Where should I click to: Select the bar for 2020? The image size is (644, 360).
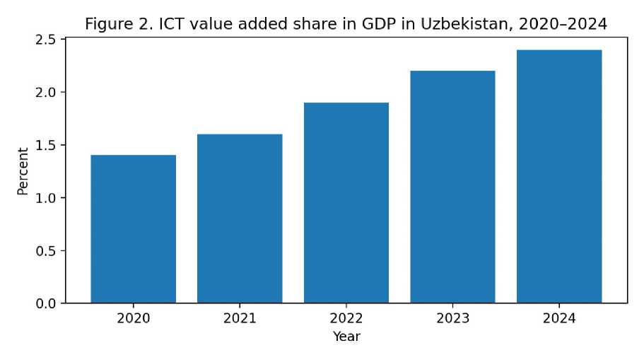[133, 229]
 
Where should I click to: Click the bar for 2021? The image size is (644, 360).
[240, 219]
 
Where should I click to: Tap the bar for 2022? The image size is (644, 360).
[346, 202]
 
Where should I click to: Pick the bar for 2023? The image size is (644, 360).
[452, 187]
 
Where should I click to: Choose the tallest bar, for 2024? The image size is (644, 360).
[559, 176]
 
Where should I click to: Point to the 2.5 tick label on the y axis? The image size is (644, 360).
[45, 40]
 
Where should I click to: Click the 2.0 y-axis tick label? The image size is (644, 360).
[45, 93]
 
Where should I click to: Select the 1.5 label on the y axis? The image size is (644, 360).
[45, 146]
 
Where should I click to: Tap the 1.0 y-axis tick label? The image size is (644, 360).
[45, 198]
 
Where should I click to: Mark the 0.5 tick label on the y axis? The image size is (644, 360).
[45, 251]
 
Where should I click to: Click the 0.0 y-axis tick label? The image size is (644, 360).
[45, 303]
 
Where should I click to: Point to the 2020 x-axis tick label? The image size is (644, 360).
[133, 318]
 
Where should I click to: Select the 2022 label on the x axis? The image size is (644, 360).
[346, 318]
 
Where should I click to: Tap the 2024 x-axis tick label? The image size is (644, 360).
[559, 318]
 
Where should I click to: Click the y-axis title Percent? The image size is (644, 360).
[23, 171]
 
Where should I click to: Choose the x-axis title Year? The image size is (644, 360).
[346, 336]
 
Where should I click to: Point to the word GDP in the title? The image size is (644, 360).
[379, 24]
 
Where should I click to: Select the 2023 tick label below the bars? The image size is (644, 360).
[452, 318]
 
